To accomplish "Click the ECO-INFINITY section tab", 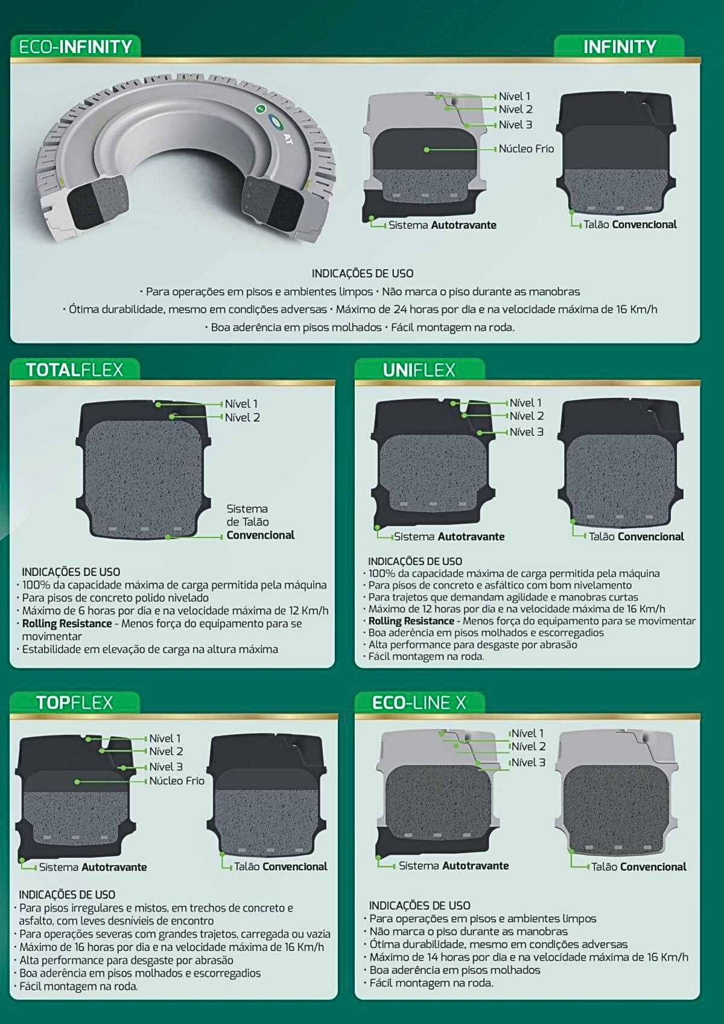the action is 75,46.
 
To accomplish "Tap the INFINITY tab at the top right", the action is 620,46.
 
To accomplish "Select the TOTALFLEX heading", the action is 74,370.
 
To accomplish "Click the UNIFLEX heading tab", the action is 419,370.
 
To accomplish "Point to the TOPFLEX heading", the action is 74,703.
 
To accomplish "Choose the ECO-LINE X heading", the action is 419,703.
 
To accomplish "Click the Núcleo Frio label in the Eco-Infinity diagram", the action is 526,149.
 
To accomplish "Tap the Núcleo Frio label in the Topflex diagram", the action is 177,780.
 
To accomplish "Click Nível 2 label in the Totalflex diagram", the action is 242,417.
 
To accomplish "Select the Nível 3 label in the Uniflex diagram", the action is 527,432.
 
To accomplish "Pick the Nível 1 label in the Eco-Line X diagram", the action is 528,733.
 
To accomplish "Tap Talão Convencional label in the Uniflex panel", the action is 637,537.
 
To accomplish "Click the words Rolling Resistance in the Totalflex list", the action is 67,624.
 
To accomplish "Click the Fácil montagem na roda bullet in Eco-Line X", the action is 431,983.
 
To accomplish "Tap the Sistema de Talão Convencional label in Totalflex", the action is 261,522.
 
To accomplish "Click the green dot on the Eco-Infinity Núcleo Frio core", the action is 426,150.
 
